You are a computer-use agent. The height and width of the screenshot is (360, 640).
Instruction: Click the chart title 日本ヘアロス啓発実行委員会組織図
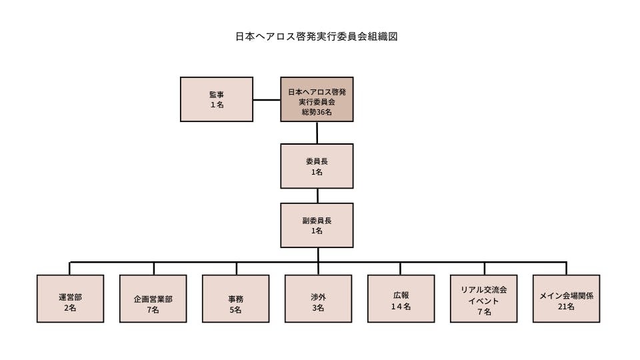coord(317,37)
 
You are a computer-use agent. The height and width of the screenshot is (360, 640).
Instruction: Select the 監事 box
coord(217,99)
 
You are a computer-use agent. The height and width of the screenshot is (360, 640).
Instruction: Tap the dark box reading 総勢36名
coord(317,99)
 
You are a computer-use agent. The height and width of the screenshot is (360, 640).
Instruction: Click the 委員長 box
coord(317,165)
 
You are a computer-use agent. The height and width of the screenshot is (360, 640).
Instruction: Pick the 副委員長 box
coord(317,224)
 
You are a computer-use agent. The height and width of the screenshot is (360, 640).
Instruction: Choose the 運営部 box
coord(70,299)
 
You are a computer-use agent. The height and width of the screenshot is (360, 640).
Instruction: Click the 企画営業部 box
coord(153,299)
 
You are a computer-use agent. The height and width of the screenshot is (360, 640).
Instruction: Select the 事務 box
coord(235,299)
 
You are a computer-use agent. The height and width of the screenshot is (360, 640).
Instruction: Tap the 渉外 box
coord(318,299)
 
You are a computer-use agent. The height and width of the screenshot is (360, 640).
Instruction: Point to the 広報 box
coord(401,299)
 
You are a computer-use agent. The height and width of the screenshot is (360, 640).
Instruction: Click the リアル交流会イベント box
coord(484,299)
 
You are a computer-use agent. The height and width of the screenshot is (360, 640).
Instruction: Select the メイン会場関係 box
coord(566,299)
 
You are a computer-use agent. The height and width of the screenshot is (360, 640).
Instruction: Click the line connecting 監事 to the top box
coord(267,100)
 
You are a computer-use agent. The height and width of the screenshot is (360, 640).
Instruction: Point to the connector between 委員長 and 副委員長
coord(317,195)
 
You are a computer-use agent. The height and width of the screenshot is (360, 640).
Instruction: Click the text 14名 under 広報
coord(401,307)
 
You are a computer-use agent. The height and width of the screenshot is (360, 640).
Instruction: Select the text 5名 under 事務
coord(235,310)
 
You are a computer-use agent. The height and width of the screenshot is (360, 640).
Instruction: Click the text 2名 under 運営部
coord(70,309)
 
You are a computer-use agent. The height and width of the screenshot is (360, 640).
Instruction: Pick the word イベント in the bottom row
coord(484,301)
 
